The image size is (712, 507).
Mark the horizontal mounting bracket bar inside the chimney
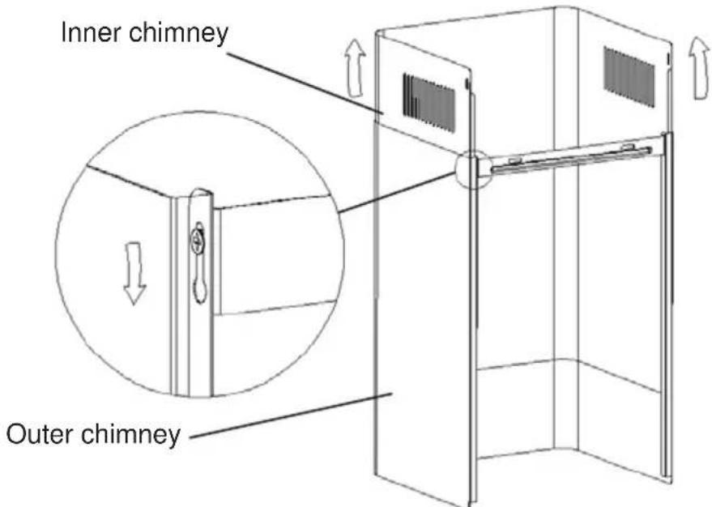click(x=567, y=157)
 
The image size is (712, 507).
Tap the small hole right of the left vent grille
click(x=468, y=83)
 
